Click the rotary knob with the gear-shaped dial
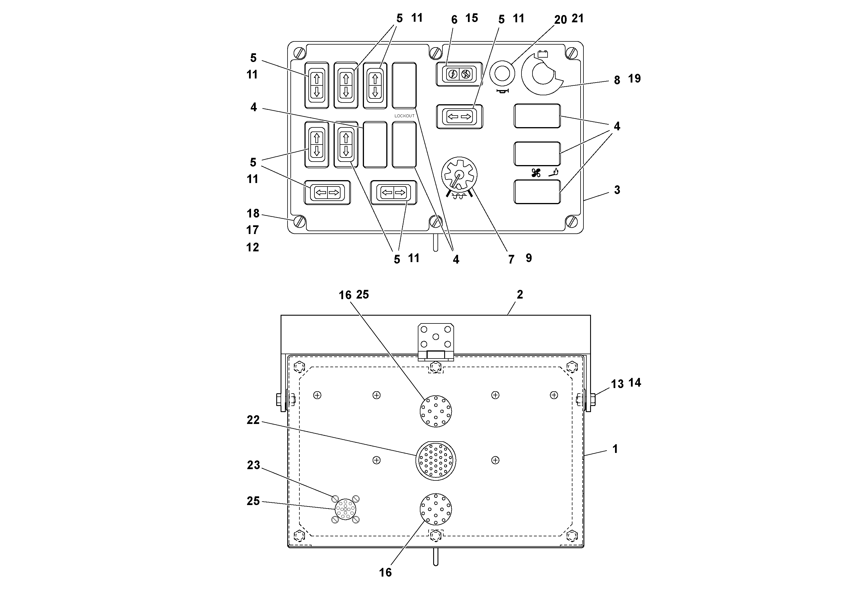click(459, 175)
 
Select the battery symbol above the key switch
click(543, 54)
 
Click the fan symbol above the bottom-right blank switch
click(536, 173)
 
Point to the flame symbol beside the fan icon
click(554, 172)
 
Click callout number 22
click(253, 420)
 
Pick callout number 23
click(253, 465)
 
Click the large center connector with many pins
click(435, 460)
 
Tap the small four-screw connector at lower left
click(345, 509)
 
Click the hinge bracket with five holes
click(435, 337)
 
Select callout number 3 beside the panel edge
click(617, 190)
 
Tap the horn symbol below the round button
click(502, 91)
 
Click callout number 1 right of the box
click(615, 449)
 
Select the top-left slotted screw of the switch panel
click(300, 53)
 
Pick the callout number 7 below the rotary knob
click(511, 259)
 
